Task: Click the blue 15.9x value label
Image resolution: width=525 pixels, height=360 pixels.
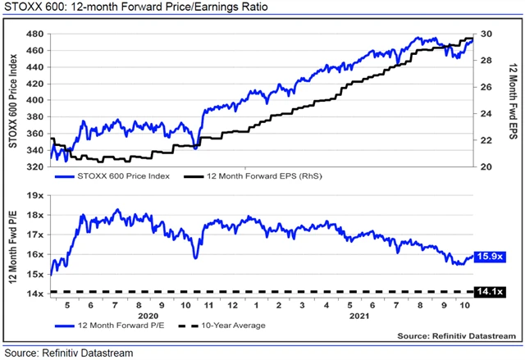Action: (490, 257)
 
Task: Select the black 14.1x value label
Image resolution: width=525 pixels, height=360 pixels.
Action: (490, 292)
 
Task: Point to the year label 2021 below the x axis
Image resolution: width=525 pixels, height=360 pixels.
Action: (357, 315)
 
